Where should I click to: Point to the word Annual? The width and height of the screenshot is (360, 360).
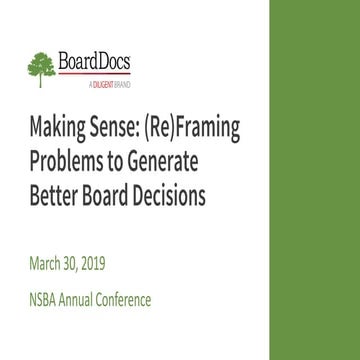pyautogui.click(x=98, y=299)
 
